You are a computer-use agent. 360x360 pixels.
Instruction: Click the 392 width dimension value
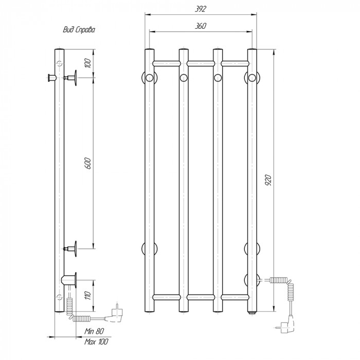[201, 9]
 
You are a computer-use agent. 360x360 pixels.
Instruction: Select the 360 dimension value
[201, 26]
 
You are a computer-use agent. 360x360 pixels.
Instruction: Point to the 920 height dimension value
[268, 180]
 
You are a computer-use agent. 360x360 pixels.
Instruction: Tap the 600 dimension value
[88, 163]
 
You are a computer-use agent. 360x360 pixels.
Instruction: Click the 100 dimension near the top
[88, 63]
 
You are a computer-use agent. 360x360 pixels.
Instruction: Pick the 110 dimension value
[88, 295]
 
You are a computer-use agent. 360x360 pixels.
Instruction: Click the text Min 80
[94, 331]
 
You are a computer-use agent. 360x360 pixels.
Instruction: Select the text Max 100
[96, 341]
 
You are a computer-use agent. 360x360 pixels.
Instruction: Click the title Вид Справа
[79, 30]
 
